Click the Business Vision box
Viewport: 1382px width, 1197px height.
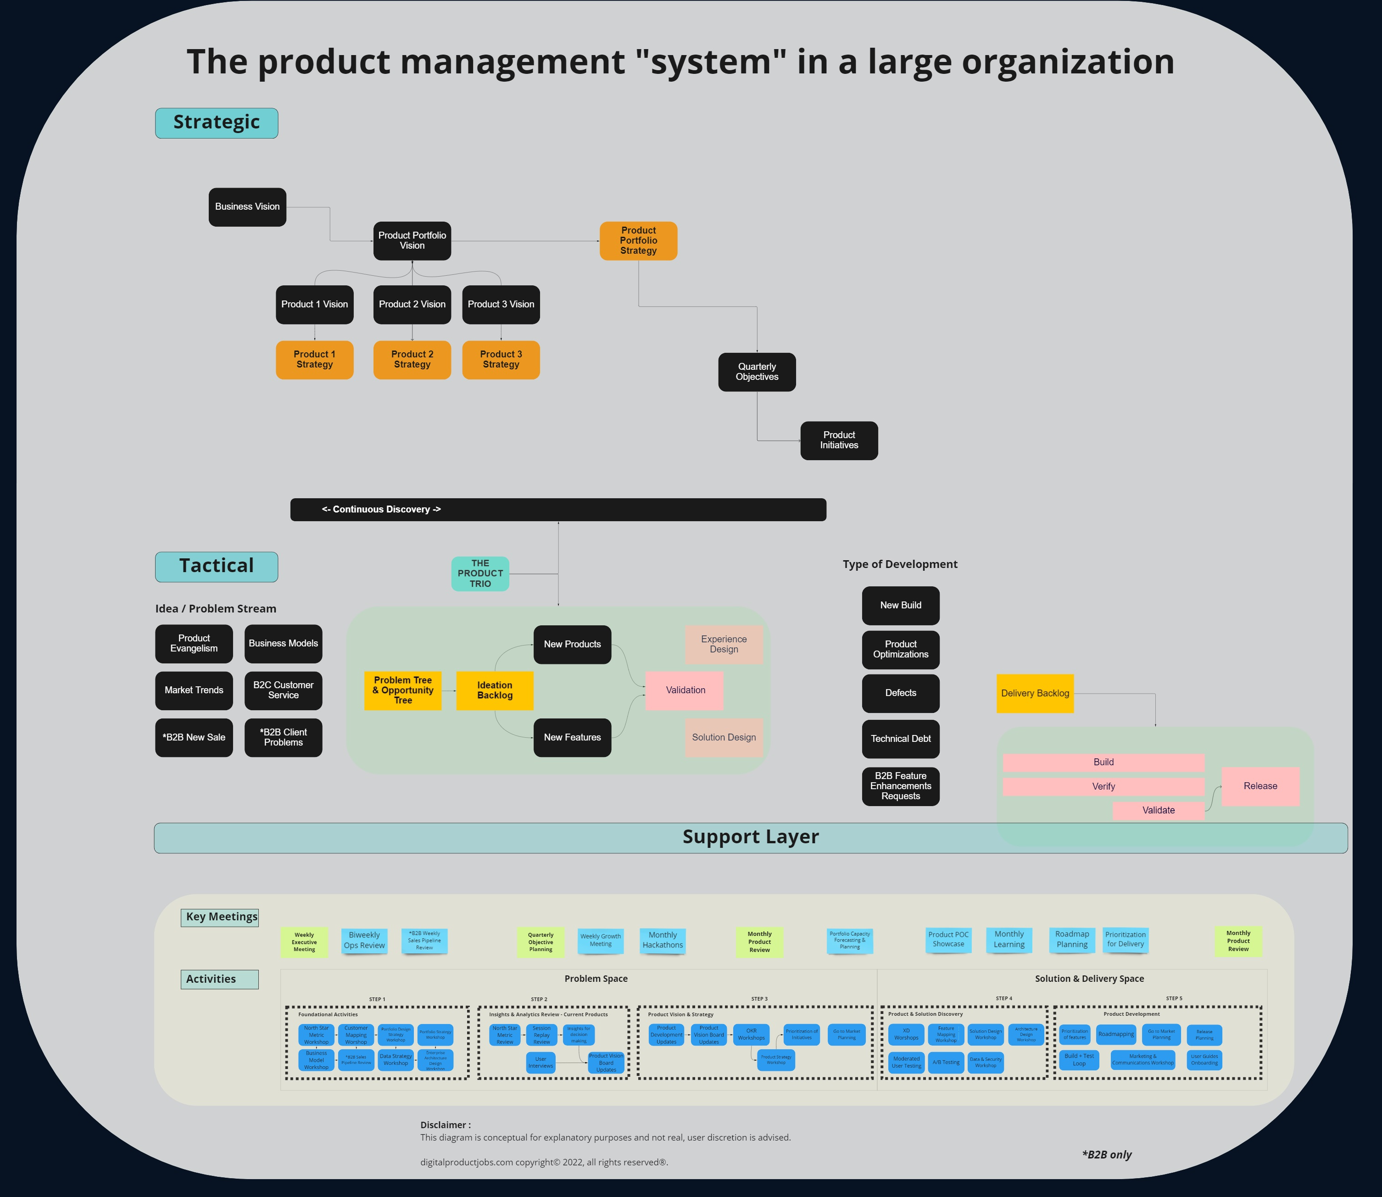[x=247, y=207]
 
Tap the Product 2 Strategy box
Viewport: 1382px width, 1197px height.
[x=412, y=359]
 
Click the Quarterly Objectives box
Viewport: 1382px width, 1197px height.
[x=757, y=372]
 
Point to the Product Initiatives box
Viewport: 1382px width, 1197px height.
[x=839, y=440]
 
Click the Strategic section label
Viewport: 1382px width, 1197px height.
[x=217, y=123]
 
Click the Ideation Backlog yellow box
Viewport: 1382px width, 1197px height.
[x=494, y=690]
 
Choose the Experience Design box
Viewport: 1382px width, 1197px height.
[x=724, y=644]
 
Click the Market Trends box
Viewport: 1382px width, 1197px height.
[x=194, y=690]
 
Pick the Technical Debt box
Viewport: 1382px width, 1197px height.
[x=900, y=739]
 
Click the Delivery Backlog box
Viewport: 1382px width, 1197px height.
[x=1035, y=693]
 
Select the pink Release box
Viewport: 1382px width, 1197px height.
[x=1260, y=786]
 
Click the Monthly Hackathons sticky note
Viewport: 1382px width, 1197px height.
[x=662, y=941]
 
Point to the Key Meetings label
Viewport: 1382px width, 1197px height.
[x=221, y=917]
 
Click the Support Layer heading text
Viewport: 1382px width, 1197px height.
[x=750, y=837]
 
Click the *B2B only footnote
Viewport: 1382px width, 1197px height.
[x=1106, y=1154]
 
